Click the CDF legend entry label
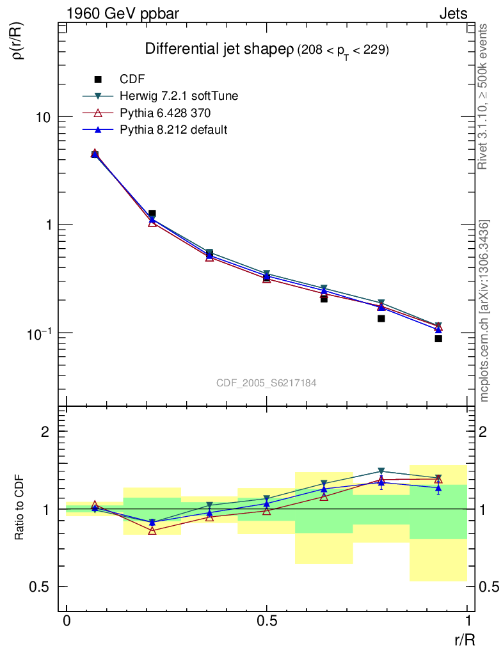pyautogui.click(x=132, y=79)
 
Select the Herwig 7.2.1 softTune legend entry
pyautogui.click(x=179, y=96)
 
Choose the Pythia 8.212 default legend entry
pyautogui.click(x=173, y=129)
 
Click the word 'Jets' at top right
pyautogui.click(x=453, y=13)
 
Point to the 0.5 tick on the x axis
pyautogui.click(x=267, y=621)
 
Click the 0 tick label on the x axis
pyautogui.click(x=67, y=621)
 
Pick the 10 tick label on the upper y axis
pyautogui.click(x=43, y=117)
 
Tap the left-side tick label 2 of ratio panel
pyautogui.click(x=45, y=432)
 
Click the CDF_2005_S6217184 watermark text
pyautogui.click(x=266, y=383)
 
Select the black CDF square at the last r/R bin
pyautogui.click(x=438, y=338)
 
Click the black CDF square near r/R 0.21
pyautogui.click(x=152, y=214)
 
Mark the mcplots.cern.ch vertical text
pyautogui.click(x=485, y=310)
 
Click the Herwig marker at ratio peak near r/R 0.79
pyautogui.click(x=381, y=471)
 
